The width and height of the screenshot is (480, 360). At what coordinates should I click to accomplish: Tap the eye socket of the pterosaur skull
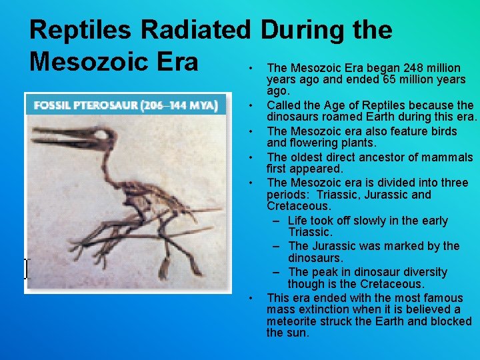coord(101,138)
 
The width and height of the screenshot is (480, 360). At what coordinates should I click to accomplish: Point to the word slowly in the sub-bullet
coord(367,221)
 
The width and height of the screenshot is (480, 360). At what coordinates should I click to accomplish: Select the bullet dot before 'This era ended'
coord(249,298)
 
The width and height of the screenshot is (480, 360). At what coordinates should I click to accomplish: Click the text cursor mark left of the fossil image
coord(26,269)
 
